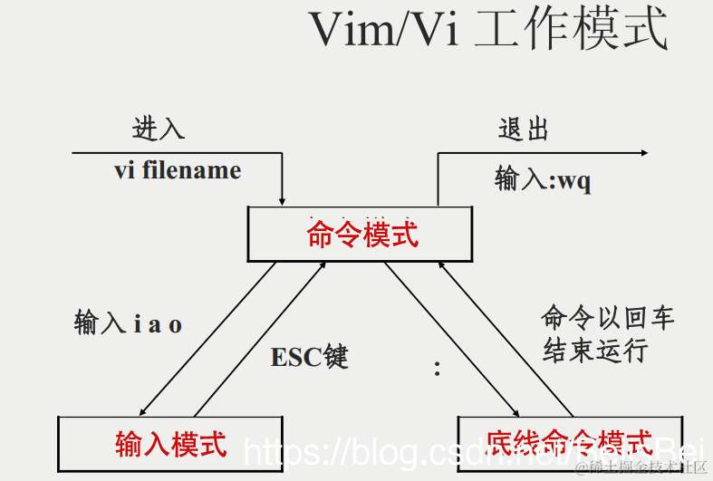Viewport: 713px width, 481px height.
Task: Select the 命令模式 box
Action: [x=361, y=235]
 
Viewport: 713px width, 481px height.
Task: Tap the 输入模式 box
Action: [x=170, y=444]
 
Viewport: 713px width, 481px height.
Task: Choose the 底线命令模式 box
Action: [x=569, y=444]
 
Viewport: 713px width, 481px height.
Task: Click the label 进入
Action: [x=159, y=129]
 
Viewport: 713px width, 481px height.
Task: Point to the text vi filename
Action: [x=178, y=170]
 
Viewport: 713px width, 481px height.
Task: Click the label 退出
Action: [x=524, y=129]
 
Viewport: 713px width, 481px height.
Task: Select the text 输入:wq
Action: [x=543, y=179]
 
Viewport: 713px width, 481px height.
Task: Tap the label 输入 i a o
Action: [x=128, y=323]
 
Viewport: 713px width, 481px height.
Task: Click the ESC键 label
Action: [x=309, y=357]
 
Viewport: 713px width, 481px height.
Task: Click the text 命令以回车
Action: [x=608, y=318]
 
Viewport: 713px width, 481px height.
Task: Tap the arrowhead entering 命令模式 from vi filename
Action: [x=283, y=199]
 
